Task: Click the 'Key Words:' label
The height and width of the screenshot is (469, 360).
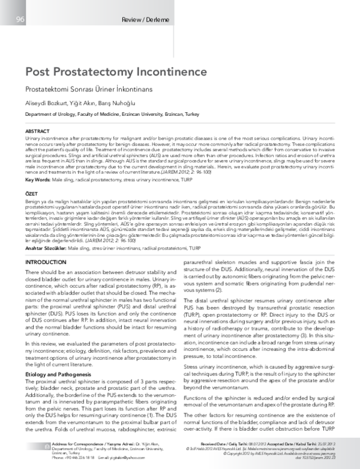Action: (38, 179)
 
